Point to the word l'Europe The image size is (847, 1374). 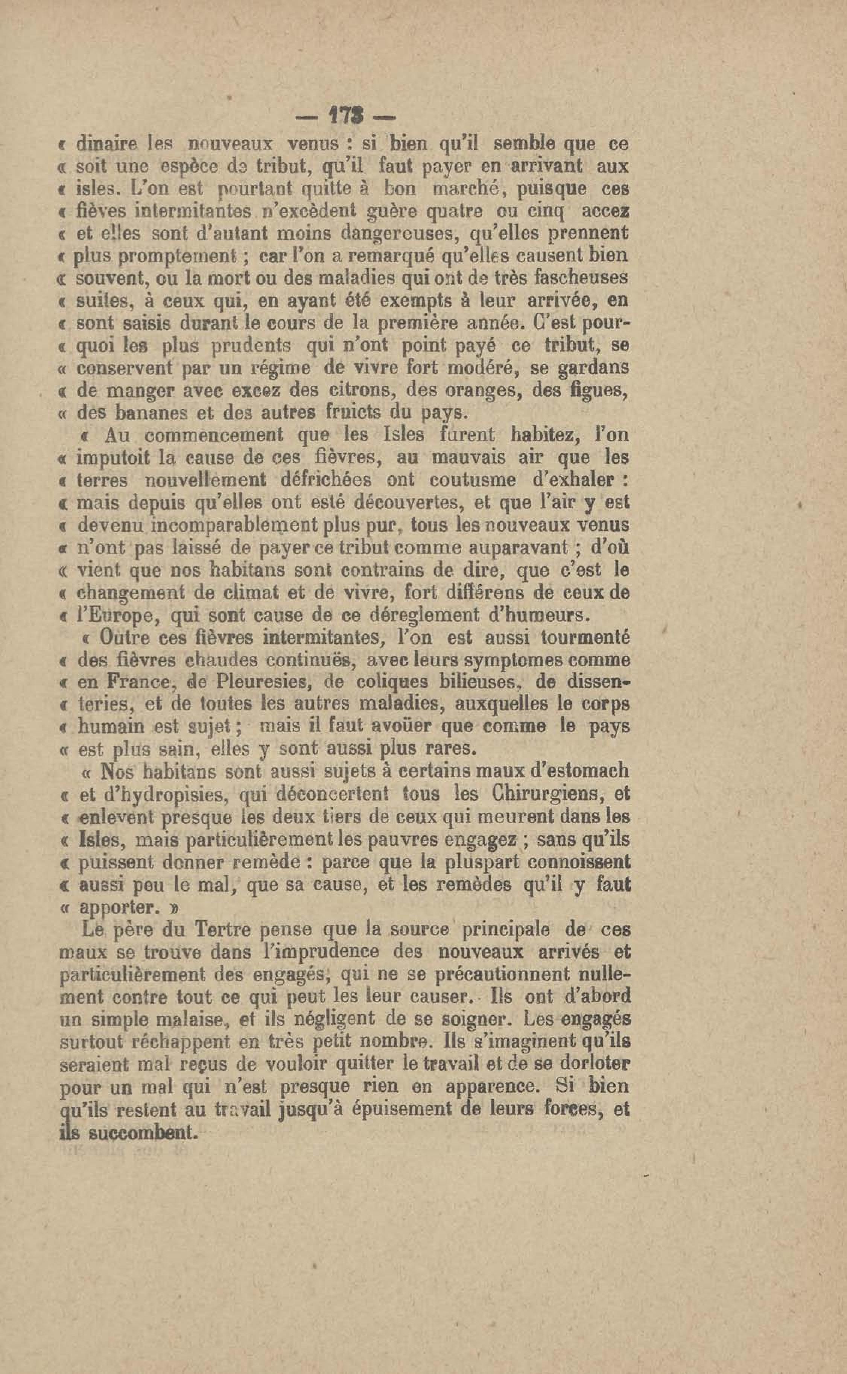[x=116, y=616]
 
